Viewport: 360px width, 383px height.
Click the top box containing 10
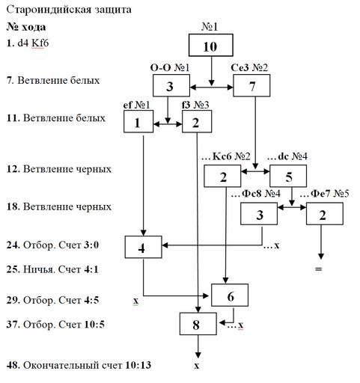coord(211,45)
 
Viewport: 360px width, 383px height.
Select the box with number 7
coord(251,85)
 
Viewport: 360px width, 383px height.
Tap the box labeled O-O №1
coord(171,85)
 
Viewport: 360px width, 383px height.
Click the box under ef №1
coord(138,121)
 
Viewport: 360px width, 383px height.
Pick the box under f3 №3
coord(197,121)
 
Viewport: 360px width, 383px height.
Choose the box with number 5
coord(288,176)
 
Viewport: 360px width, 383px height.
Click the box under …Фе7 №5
coord(325,214)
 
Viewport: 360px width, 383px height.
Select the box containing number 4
coord(143,247)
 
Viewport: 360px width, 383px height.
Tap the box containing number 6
coord(230,295)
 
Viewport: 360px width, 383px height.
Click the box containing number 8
coord(198,324)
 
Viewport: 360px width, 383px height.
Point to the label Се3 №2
coord(249,67)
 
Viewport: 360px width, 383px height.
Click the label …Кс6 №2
coord(227,156)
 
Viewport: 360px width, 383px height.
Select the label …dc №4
coord(287,156)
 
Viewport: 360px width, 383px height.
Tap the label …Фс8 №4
coord(256,194)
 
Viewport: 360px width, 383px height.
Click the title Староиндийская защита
coord(69,10)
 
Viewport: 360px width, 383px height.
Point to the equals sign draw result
coord(319,269)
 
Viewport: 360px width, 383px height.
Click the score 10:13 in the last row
coord(138,365)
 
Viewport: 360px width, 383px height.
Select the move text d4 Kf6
coord(33,43)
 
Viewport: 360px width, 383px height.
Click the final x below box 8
coord(197,366)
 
